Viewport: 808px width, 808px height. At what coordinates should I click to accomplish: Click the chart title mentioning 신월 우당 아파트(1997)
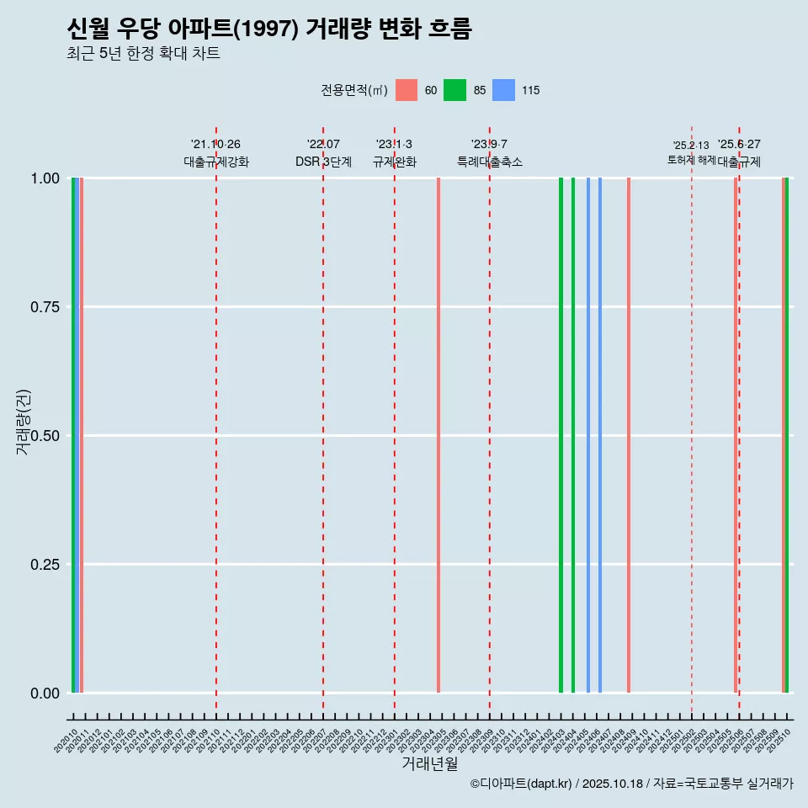(x=269, y=29)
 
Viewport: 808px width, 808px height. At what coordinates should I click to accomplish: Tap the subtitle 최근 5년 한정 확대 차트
(x=143, y=55)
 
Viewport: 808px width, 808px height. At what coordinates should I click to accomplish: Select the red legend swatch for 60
(x=407, y=90)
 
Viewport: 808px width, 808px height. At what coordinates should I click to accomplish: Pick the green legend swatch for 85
(x=454, y=90)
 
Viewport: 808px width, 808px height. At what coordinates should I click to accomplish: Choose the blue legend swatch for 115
(x=503, y=90)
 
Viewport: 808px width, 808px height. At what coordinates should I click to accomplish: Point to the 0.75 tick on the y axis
(x=45, y=307)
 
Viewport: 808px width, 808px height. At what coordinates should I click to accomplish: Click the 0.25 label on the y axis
(x=45, y=565)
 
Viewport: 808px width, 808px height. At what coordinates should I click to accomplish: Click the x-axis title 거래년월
(x=430, y=764)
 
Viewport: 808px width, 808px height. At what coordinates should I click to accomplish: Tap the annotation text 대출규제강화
(x=216, y=162)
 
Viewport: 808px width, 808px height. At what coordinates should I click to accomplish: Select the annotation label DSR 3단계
(x=323, y=162)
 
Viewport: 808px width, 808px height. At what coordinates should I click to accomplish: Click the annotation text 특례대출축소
(x=490, y=162)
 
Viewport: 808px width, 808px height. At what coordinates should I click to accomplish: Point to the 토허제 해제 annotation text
(x=691, y=159)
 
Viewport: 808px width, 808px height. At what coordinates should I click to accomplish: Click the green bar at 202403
(x=561, y=435)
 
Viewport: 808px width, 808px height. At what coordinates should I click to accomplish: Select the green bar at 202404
(x=573, y=435)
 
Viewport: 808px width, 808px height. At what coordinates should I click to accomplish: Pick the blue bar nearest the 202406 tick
(x=600, y=435)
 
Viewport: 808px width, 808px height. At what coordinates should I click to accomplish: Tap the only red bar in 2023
(x=439, y=435)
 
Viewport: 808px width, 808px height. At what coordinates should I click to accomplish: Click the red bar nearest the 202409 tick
(x=629, y=435)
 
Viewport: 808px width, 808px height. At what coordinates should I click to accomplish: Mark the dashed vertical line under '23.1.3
(x=395, y=421)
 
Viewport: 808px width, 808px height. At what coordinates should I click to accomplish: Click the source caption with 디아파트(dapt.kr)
(x=631, y=784)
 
